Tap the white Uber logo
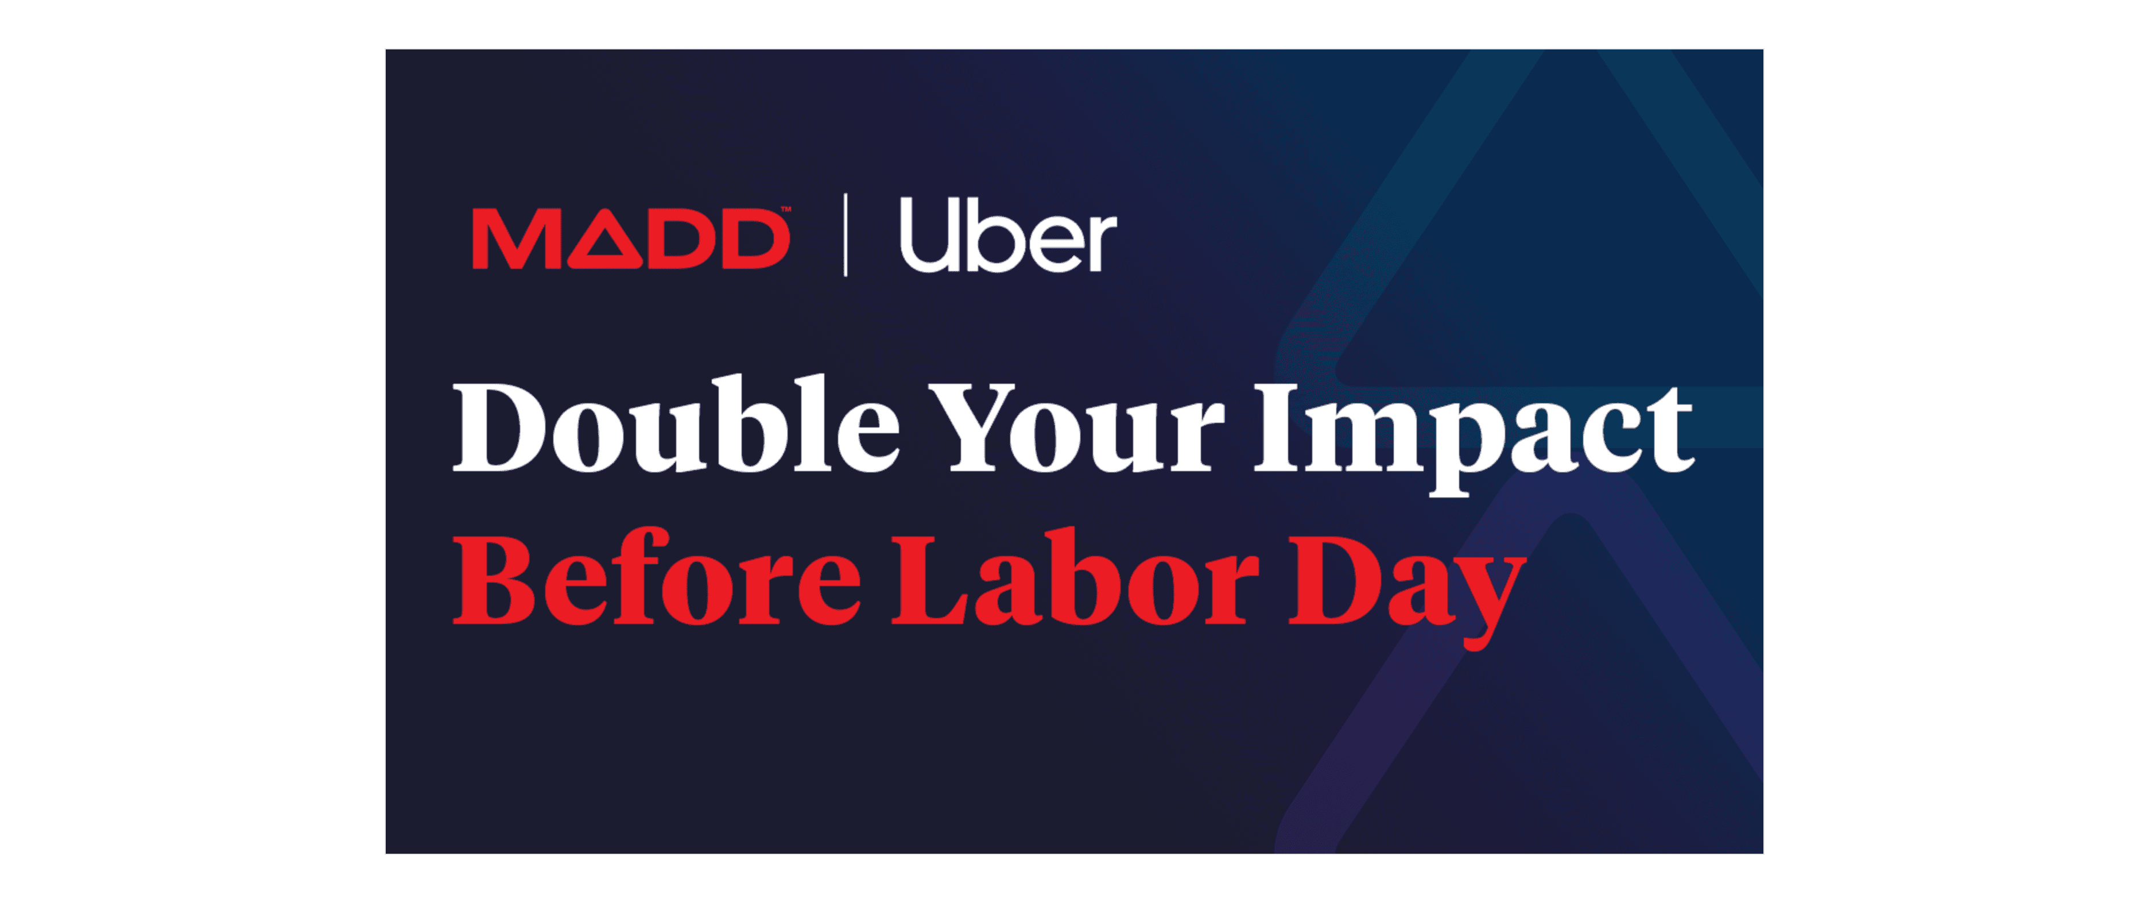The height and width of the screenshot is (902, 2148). [1008, 236]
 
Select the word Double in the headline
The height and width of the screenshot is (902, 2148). [676, 426]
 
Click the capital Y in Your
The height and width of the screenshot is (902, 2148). [974, 428]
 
